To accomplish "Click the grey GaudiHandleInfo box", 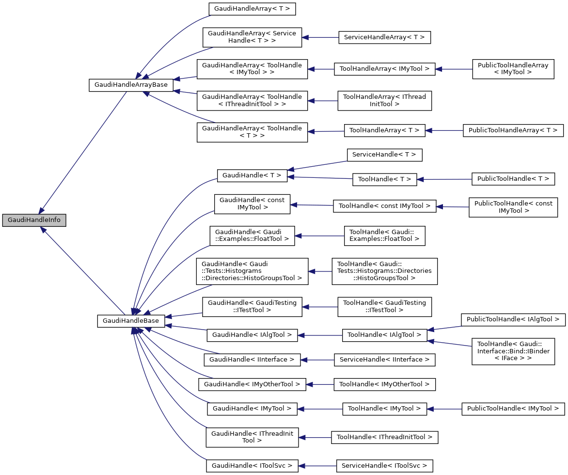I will [34, 220].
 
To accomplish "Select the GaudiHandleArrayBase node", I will [131, 85].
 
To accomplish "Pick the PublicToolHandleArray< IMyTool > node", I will [513, 68].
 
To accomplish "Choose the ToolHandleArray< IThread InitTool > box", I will [384, 100].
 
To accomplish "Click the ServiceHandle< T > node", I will [384, 155].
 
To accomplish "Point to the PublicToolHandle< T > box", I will [513, 179].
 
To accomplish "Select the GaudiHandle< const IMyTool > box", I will [252, 204].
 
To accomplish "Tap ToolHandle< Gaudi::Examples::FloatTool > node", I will [384, 236].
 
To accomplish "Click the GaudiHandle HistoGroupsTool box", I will [252, 271].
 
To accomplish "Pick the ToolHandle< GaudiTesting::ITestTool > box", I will [384, 306].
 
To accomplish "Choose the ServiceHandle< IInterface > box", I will [384, 360].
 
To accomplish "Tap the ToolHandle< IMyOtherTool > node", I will [384, 384].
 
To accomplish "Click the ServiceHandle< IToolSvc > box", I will [384, 466].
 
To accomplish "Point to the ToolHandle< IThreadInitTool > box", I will [384, 437].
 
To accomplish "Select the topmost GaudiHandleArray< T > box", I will [252, 9].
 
